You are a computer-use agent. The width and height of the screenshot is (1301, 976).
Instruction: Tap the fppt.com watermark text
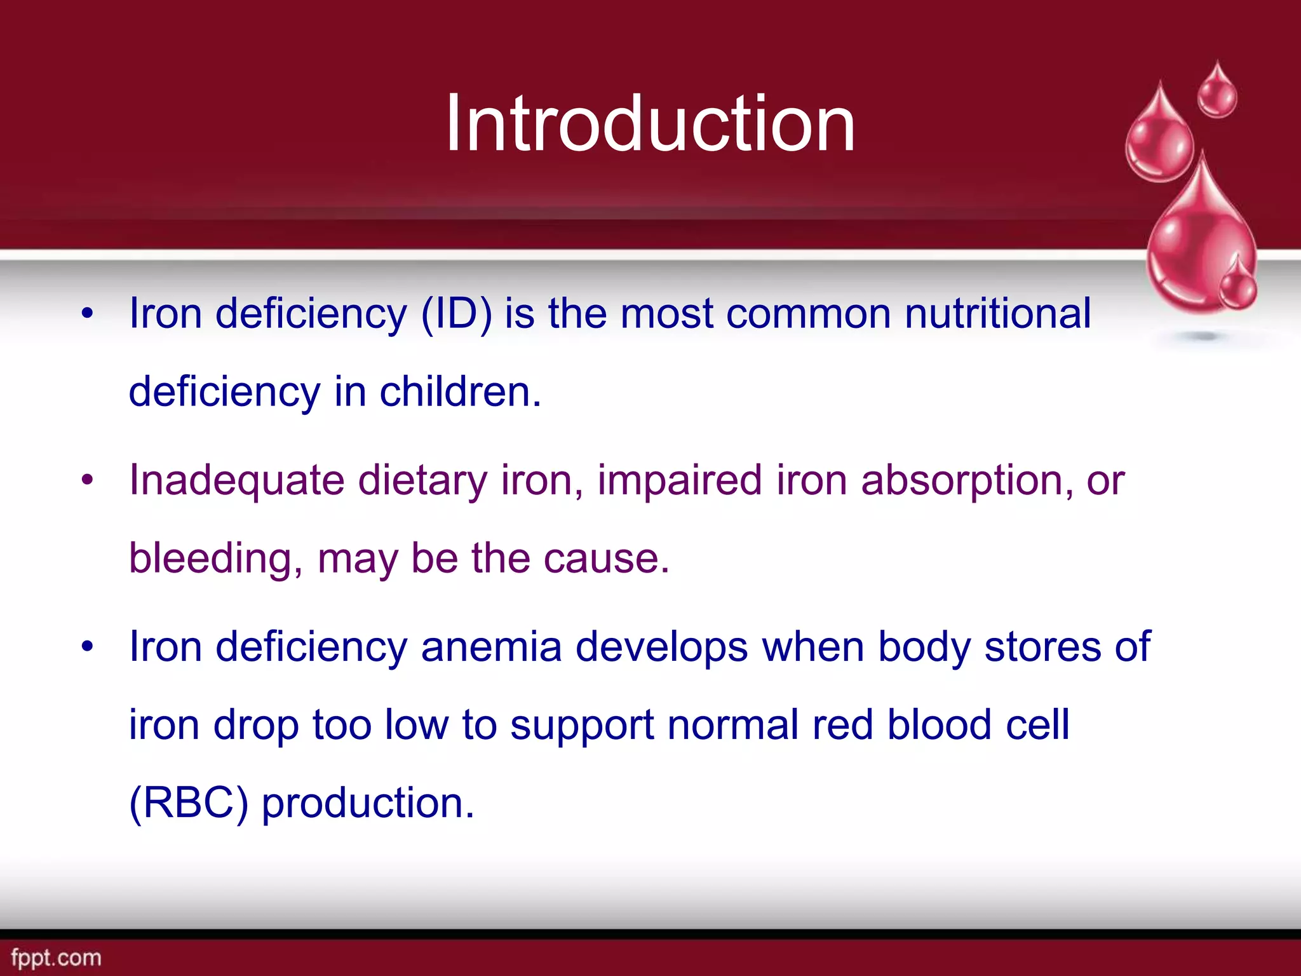click(56, 958)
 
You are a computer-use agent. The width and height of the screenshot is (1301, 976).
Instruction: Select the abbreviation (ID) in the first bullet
click(456, 314)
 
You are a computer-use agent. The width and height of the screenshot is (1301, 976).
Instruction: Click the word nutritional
click(997, 314)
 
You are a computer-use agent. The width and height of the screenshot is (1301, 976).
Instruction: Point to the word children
click(460, 391)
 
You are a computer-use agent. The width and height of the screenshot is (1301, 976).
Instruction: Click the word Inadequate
click(236, 480)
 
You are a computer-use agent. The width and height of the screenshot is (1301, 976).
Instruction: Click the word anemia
click(491, 647)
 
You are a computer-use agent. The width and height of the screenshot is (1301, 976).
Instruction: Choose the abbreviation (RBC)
click(188, 803)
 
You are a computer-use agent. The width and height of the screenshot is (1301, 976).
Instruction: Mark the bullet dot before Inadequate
click(87, 480)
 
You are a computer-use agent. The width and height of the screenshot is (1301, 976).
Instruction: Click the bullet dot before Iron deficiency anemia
click(87, 647)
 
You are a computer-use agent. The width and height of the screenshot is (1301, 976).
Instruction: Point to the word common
click(808, 314)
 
